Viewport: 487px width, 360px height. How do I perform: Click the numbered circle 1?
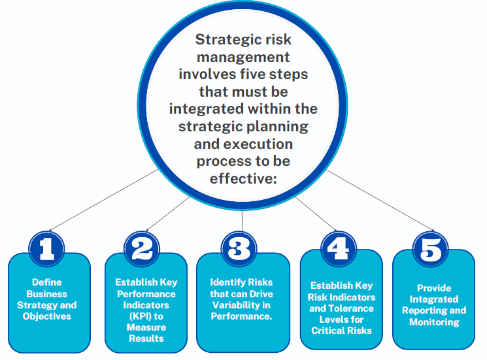click(46, 250)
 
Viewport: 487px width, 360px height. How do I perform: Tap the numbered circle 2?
click(143, 250)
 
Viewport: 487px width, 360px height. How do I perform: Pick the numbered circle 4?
click(339, 250)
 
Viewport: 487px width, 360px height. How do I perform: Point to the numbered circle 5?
click(431, 250)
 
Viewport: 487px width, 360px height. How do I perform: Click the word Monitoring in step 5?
click(434, 321)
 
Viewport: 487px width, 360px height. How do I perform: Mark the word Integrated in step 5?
click(434, 299)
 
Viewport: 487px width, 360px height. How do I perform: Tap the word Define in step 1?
click(46, 282)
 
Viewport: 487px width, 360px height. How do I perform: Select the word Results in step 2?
click(146, 338)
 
